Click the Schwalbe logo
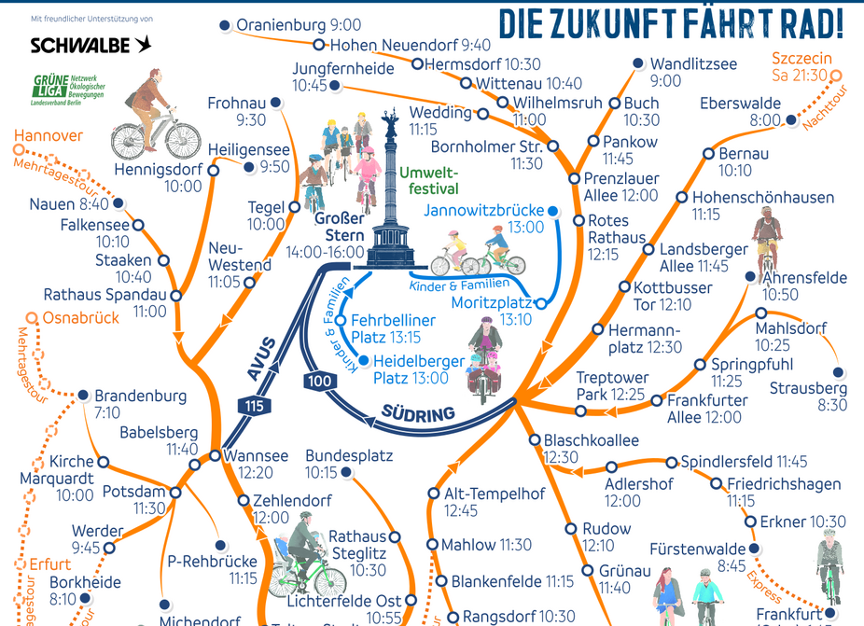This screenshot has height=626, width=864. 91,45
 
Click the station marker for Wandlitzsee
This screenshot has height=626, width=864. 638,63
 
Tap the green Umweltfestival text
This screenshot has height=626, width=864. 428,181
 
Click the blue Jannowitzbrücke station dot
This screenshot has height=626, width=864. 552,212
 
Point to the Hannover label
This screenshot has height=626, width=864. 49,136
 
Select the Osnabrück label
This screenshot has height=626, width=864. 80,318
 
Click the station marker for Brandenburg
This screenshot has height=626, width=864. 83,395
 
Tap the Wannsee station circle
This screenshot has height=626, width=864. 215,456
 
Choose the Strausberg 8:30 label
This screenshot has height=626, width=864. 808,396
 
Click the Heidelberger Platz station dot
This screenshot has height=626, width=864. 364,361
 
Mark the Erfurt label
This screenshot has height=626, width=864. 49,564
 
